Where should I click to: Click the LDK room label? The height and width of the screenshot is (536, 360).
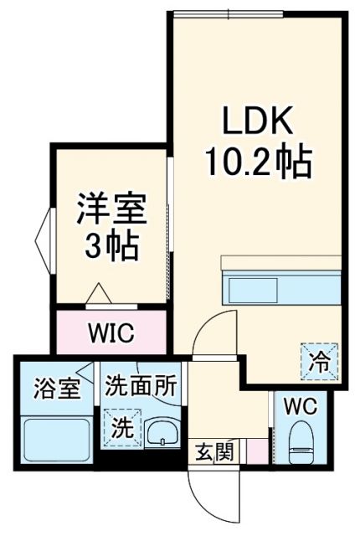coord(257,124)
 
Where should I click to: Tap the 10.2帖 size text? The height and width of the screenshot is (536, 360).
coord(257,161)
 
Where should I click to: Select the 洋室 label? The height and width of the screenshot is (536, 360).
coord(112,209)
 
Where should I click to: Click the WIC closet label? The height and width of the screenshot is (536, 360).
coord(111,333)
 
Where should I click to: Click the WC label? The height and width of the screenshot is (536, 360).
coord(299,408)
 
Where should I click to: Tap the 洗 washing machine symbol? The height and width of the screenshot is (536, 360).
coord(122,430)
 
